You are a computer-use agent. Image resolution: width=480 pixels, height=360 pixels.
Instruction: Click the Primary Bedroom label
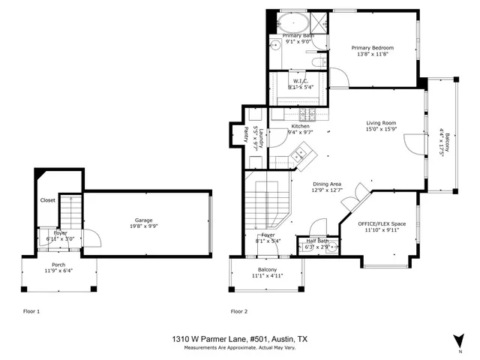tap(373, 48)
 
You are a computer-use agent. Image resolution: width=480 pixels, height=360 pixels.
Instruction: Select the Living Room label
tap(381, 123)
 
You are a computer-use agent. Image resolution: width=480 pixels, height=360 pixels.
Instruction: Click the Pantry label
tap(246, 133)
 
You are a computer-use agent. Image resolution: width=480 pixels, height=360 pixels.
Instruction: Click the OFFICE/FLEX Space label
tap(381, 223)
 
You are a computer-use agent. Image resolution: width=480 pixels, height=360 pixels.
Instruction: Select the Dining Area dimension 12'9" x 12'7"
tap(326, 190)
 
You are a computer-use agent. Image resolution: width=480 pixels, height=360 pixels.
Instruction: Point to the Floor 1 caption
tap(31, 310)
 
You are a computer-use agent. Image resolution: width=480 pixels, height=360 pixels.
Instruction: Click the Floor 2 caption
tap(239, 310)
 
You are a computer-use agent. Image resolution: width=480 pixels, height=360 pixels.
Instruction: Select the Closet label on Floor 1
tap(47, 200)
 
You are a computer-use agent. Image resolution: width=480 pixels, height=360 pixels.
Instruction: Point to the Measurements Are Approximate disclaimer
tap(240, 346)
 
